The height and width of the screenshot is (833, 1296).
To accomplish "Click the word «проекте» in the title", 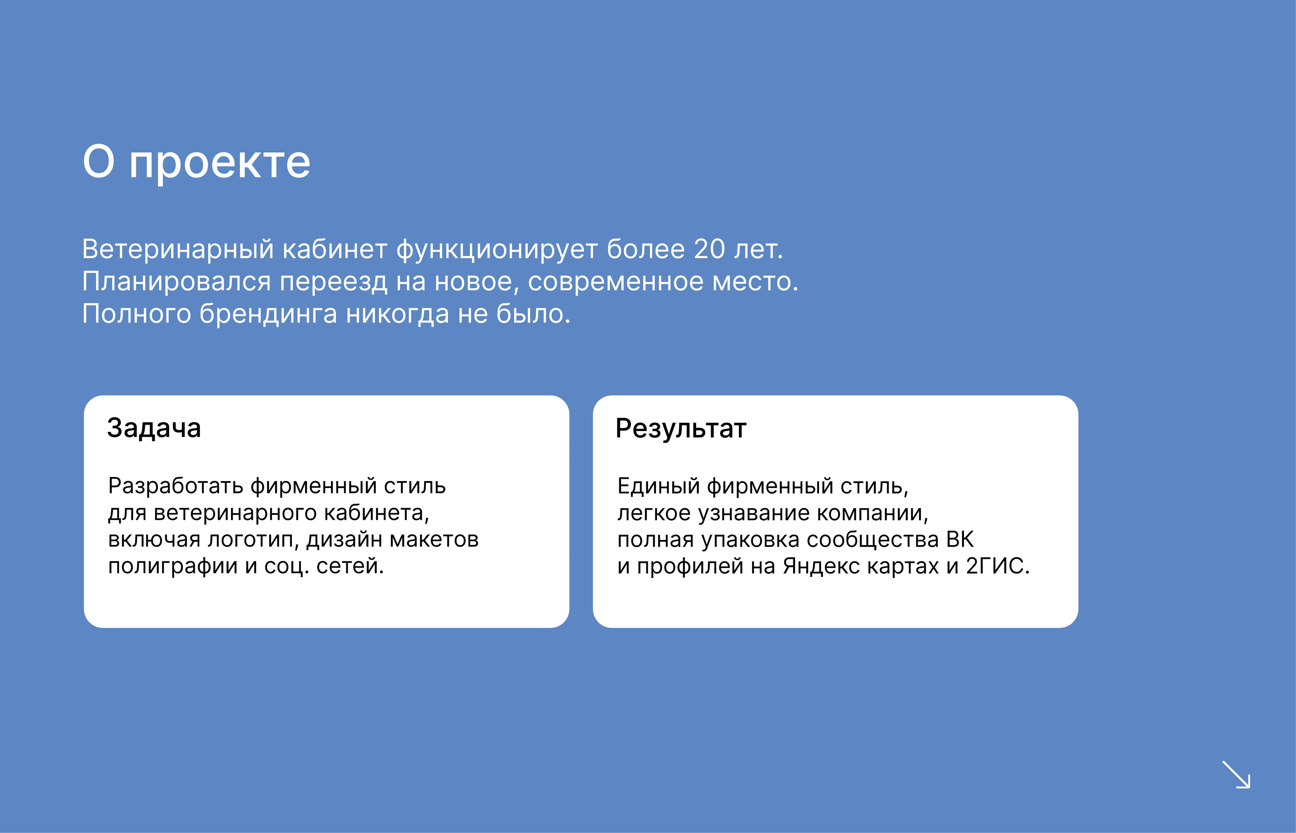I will (220, 163).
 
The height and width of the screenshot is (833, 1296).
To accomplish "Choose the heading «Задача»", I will (154, 428).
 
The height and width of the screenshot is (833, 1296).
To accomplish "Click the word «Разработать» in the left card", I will (176, 486).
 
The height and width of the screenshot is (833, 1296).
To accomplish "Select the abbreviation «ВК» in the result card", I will (960, 540).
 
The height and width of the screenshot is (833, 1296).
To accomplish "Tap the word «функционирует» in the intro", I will (497, 249).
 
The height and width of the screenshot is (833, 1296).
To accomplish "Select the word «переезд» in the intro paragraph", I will (333, 282).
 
